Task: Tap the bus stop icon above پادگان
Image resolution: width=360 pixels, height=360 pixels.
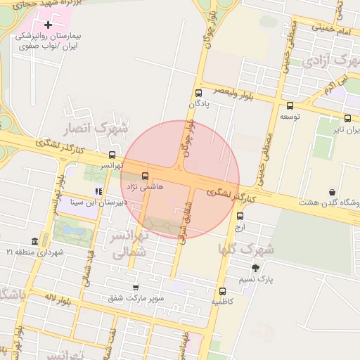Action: [x=198, y=93]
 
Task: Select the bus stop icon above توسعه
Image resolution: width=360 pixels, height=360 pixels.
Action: [x=288, y=105]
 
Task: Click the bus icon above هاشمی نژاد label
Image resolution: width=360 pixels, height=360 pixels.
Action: [x=146, y=176]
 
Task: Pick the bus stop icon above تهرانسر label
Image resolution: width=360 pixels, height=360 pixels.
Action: [x=112, y=155]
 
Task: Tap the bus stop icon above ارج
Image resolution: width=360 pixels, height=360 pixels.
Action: [x=240, y=216]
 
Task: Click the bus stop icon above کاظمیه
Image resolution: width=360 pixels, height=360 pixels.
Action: [x=223, y=291]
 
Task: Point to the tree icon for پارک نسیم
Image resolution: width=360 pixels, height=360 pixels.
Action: [x=255, y=268]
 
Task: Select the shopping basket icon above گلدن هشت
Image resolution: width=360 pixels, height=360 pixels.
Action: [x=331, y=192]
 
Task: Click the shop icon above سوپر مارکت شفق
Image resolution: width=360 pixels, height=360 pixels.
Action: [x=136, y=287]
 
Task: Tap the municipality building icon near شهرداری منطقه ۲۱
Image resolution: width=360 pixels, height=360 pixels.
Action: [x=35, y=241]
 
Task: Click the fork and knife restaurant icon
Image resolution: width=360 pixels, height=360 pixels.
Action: [x=98, y=191]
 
